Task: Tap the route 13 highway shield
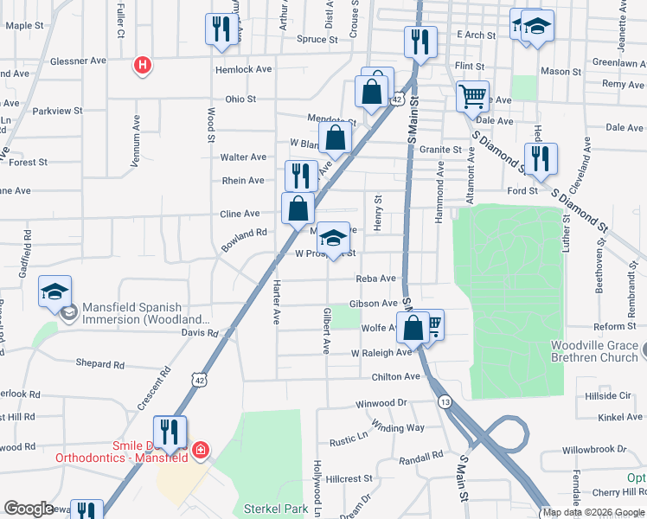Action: [x=445, y=402]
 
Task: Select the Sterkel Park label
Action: [x=275, y=509]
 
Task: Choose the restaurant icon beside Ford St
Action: [x=541, y=158]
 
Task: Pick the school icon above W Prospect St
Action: [x=332, y=237]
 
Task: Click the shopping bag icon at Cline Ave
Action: [x=298, y=208]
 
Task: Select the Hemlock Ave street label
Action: [x=244, y=69]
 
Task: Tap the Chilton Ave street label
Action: [x=395, y=377]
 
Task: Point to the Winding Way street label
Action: [x=398, y=427]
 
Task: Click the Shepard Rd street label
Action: [x=100, y=364]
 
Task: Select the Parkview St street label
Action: [x=57, y=111]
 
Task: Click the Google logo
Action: [x=29, y=509]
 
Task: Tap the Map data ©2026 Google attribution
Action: [x=593, y=512]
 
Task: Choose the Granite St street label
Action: [x=440, y=150]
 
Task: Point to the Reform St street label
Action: [x=615, y=326]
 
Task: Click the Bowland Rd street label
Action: [x=243, y=240]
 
